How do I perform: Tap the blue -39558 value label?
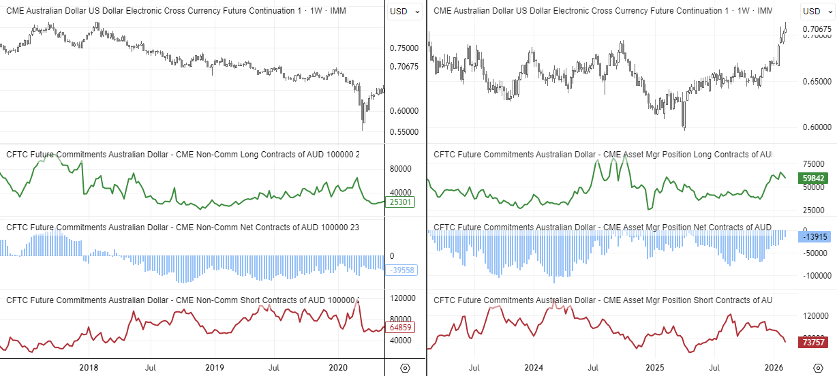(x=401, y=270)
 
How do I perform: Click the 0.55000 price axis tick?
(x=404, y=131)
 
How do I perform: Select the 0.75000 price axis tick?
(x=404, y=48)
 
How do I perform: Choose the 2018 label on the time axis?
(x=89, y=367)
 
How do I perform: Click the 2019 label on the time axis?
(x=215, y=367)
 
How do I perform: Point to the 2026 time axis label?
(x=774, y=367)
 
